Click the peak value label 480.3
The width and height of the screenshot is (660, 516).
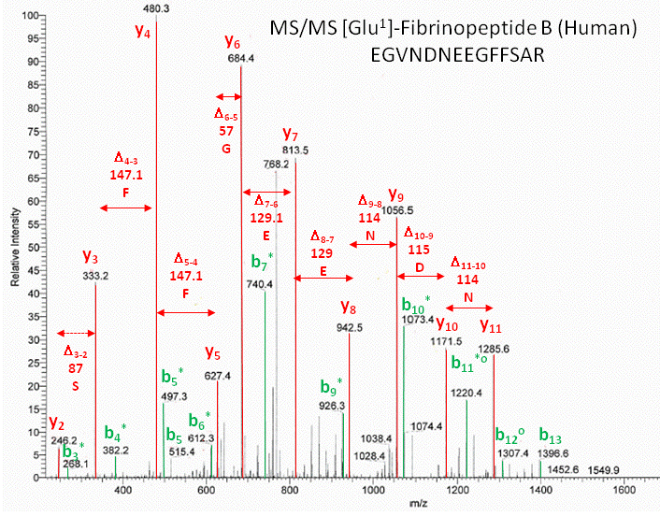pos(155,7)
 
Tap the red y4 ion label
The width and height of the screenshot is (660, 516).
pos(142,35)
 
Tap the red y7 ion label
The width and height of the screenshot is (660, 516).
pos(291,134)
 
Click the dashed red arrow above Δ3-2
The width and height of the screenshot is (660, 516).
pos(76,333)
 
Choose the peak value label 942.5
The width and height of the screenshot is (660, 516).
pos(349,327)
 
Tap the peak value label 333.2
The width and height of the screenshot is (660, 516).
pos(95,276)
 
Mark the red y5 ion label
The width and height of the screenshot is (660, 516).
pos(214,354)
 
